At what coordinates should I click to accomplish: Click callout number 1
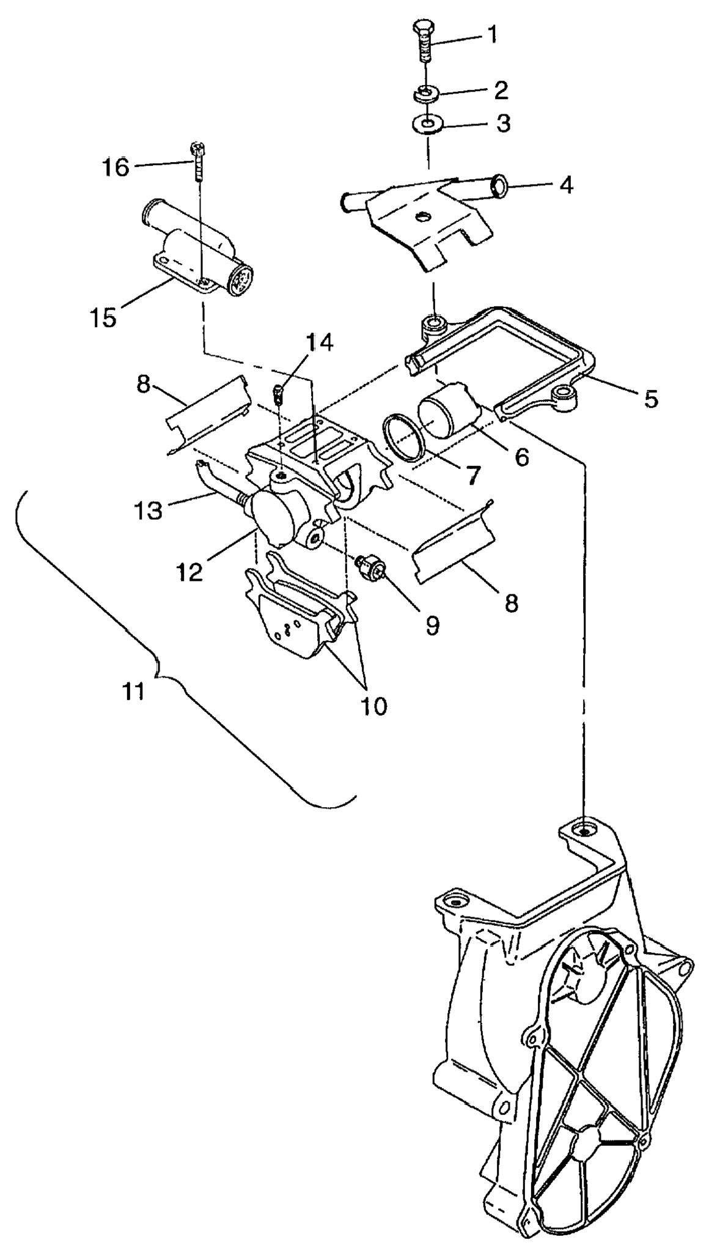[491, 35]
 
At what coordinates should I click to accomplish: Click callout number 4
[567, 185]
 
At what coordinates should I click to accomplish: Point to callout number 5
[651, 399]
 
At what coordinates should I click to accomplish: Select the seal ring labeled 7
[403, 437]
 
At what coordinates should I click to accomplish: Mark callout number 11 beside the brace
[133, 692]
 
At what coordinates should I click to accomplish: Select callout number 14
[320, 342]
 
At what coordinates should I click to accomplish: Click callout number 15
[106, 317]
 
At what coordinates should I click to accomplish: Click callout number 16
[115, 166]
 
